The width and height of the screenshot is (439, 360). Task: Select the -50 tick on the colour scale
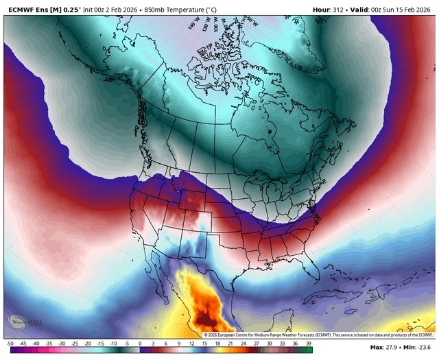pos(10,343)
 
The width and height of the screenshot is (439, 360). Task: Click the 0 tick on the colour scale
pos(141,343)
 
